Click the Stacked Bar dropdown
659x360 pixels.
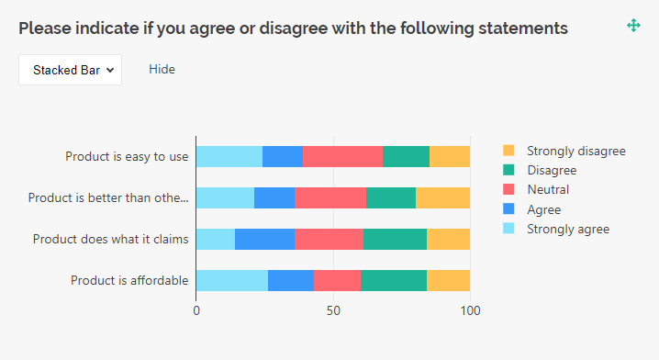pyautogui.click(x=71, y=69)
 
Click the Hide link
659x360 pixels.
pyautogui.click(x=162, y=69)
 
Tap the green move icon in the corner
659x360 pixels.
pyautogui.click(x=633, y=26)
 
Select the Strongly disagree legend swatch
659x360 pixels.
pyautogui.click(x=509, y=151)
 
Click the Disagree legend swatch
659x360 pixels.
pyautogui.click(x=509, y=170)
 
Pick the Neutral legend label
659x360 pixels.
pyautogui.click(x=548, y=190)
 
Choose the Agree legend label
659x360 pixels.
pyautogui.click(x=544, y=209)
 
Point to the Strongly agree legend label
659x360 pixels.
pyautogui.click(x=567, y=229)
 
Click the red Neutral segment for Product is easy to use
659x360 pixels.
pyautogui.click(x=342, y=156)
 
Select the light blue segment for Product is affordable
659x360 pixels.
pyautogui.click(x=231, y=280)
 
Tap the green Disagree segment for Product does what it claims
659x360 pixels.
pyautogui.click(x=395, y=239)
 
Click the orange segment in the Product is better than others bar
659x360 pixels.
pyautogui.click(x=442, y=197)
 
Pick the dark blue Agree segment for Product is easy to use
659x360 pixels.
pyautogui.click(x=282, y=156)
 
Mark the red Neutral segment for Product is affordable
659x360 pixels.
pyautogui.click(x=337, y=280)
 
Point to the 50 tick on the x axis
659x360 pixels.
pyautogui.click(x=333, y=310)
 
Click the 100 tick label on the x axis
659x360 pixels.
pyautogui.click(x=470, y=310)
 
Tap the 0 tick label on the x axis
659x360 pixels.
pyautogui.click(x=196, y=310)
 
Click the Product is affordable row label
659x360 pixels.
pyautogui.click(x=129, y=280)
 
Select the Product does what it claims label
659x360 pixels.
pyautogui.click(x=110, y=239)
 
